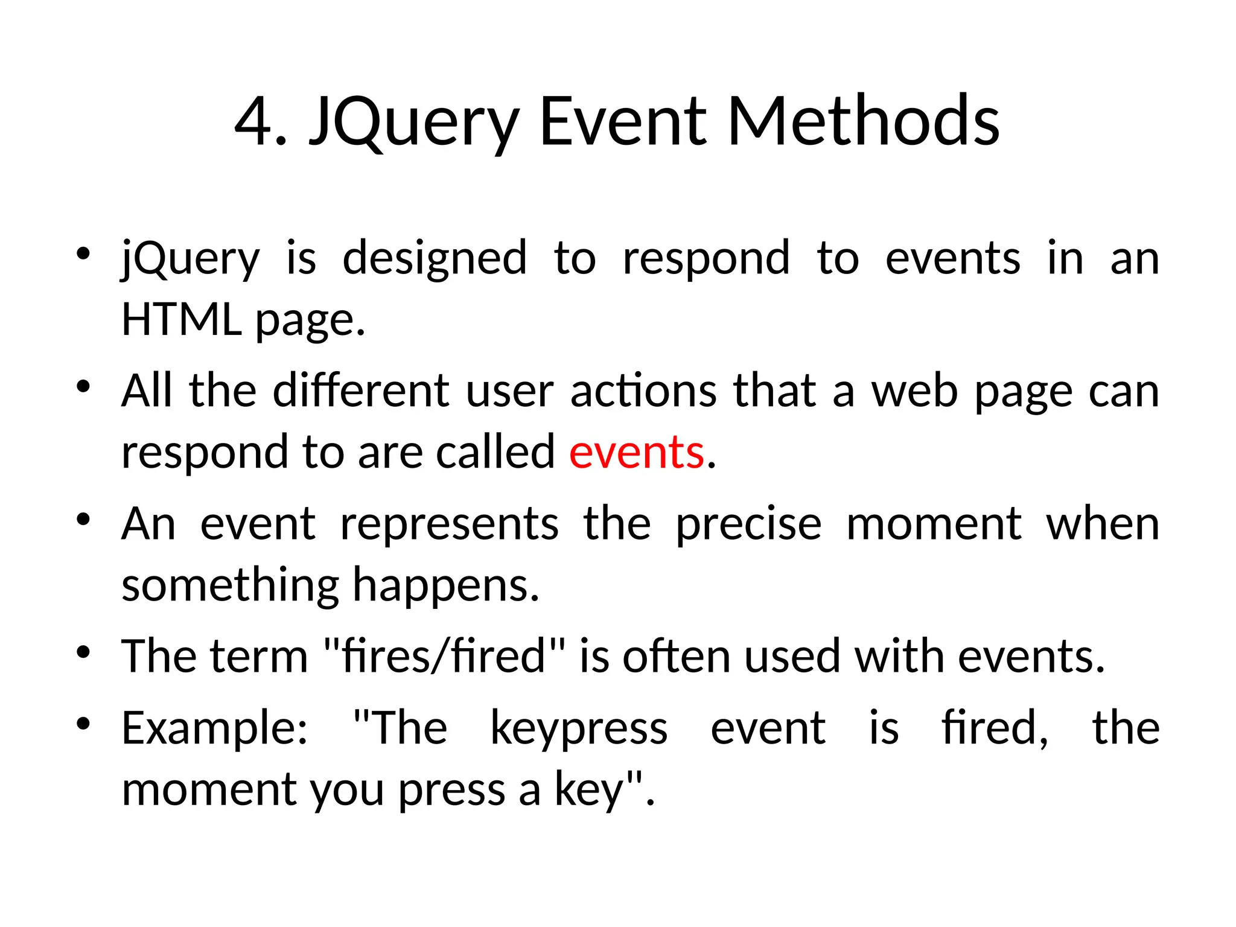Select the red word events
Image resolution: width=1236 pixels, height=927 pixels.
click(637, 452)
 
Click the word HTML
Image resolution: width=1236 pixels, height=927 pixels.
click(181, 319)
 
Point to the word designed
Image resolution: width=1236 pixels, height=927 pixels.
click(435, 258)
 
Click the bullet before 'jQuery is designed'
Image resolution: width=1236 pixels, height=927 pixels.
click(83, 253)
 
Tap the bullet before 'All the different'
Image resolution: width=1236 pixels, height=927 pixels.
click(83, 386)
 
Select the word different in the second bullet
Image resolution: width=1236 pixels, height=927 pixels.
click(361, 390)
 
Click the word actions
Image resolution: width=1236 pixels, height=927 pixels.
click(644, 390)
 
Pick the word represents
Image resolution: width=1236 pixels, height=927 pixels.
click(450, 523)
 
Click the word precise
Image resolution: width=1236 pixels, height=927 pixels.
click(748, 523)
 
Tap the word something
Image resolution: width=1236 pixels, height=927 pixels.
click(231, 585)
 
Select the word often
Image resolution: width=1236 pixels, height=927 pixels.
click(677, 656)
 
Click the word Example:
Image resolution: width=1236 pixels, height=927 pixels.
click(215, 728)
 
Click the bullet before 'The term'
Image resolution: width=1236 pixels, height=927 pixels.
click(83, 652)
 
